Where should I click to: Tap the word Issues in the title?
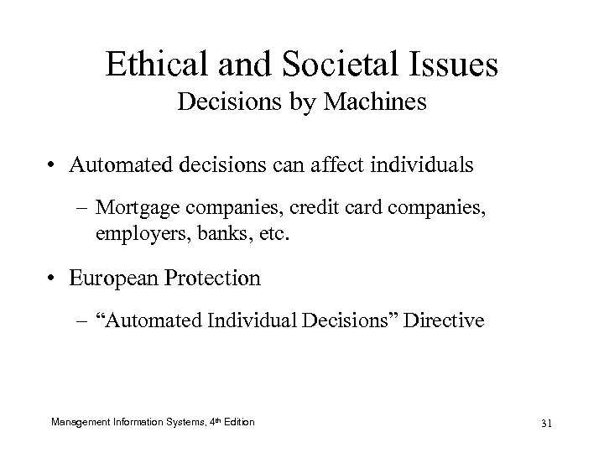click(454, 65)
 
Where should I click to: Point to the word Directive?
click(447, 320)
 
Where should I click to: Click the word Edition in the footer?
click(237, 420)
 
